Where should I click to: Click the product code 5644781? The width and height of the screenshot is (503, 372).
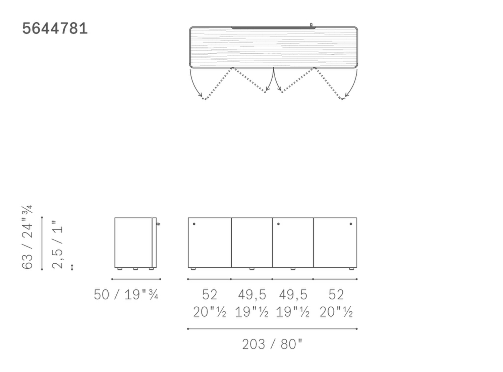point(55,29)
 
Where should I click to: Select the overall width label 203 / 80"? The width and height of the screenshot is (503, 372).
point(272,344)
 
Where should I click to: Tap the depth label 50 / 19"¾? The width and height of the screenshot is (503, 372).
point(126,295)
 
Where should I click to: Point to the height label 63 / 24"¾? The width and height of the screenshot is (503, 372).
point(27,237)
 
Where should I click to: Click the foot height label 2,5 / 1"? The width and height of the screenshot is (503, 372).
point(57,245)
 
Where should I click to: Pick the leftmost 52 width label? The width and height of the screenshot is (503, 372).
point(210,295)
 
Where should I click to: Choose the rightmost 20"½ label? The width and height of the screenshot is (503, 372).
point(336,312)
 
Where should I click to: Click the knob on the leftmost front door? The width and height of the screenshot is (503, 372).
point(194,224)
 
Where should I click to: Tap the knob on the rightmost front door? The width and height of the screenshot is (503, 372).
point(351,224)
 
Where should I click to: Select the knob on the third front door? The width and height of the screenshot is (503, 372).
point(278,224)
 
